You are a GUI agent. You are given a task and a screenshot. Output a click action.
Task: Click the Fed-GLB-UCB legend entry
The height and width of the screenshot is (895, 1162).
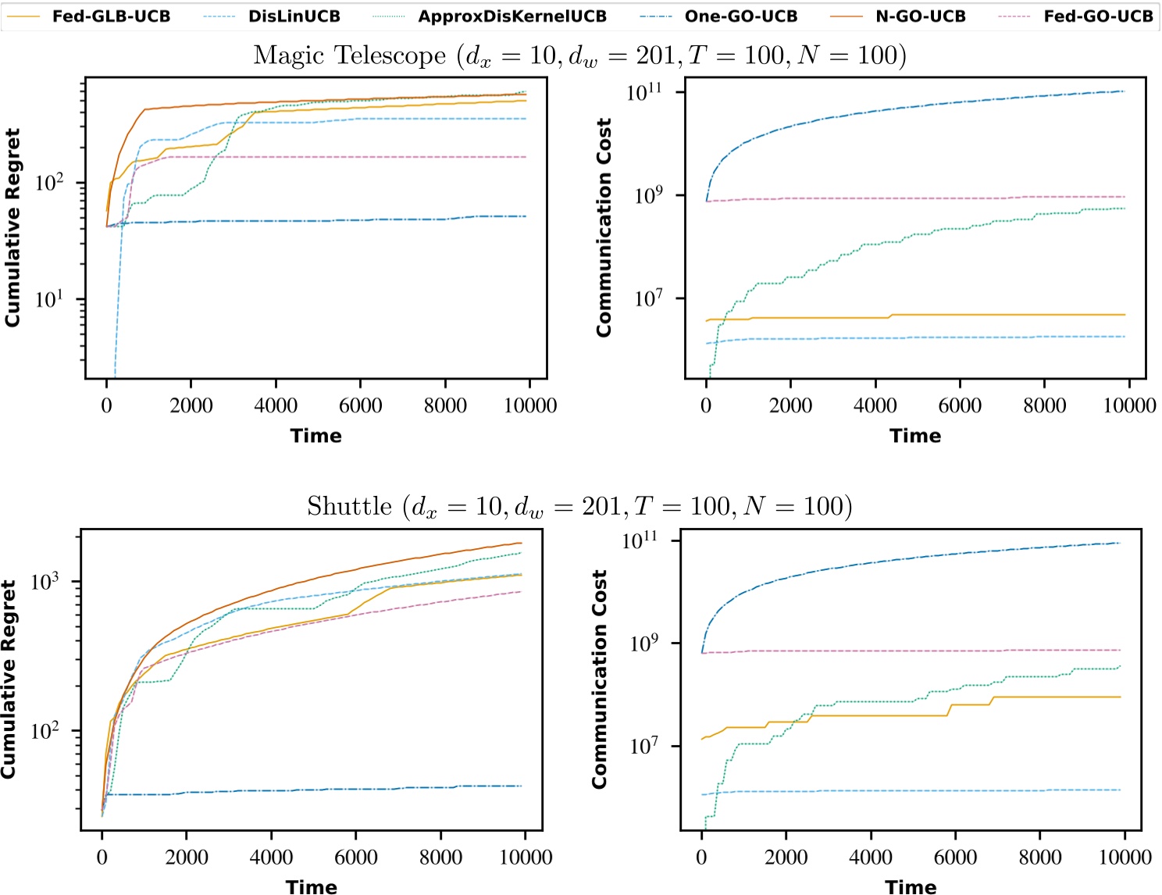tap(110, 16)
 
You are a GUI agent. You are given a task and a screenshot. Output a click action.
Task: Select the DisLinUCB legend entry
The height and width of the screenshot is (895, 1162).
tap(294, 16)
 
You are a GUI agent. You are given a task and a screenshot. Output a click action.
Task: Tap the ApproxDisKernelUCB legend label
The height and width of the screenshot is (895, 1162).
tap(511, 16)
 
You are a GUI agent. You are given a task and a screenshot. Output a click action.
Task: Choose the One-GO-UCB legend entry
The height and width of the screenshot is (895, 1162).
tap(740, 16)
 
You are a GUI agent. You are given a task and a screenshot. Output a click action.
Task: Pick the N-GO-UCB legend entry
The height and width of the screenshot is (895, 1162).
tap(920, 16)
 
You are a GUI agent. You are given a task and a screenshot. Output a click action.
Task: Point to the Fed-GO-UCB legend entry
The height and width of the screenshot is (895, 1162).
tap(1097, 16)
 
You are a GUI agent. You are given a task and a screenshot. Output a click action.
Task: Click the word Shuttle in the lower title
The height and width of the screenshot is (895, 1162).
tap(349, 507)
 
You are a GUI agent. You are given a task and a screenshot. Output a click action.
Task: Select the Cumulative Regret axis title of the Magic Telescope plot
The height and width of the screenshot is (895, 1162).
tap(12, 227)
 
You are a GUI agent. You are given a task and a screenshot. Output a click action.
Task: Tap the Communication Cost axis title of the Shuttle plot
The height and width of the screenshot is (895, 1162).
tap(600, 679)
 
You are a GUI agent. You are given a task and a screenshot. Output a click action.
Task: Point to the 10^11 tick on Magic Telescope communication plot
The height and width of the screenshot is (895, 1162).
tap(643, 92)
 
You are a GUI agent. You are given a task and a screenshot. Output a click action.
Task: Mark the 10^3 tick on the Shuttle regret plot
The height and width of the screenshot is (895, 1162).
tap(45, 582)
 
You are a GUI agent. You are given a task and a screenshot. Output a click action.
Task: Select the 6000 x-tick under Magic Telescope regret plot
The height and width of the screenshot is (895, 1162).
tap(360, 405)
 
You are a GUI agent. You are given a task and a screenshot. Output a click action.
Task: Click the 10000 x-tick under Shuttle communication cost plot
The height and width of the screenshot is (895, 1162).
tap(1125, 858)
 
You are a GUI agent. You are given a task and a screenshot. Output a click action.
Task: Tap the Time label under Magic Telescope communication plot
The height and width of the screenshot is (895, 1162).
tap(915, 436)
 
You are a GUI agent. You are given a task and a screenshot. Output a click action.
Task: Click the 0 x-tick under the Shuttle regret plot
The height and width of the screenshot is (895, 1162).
tap(102, 858)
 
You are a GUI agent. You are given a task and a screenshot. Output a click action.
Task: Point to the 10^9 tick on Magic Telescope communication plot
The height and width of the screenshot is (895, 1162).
tap(648, 195)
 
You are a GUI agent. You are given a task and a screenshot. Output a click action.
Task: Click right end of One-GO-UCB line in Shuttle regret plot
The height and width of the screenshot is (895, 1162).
tap(521, 786)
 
